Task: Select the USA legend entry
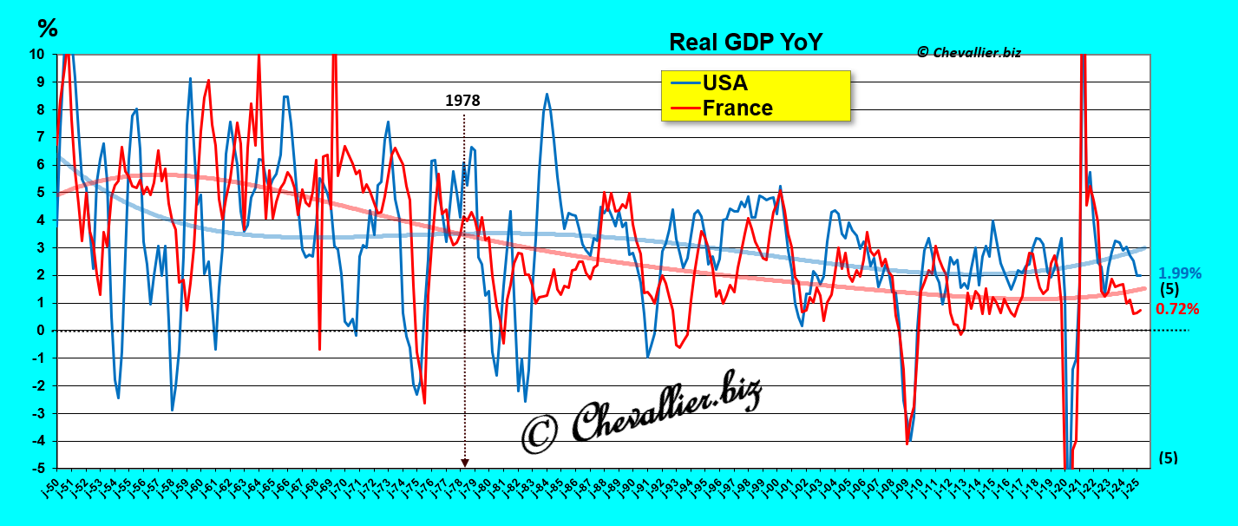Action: (724, 83)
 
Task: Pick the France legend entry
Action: (737, 108)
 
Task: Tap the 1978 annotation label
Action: (462, 100)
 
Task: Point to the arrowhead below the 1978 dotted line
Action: (464, 463)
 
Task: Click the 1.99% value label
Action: (1180, 273)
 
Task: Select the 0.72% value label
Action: (1177, 308)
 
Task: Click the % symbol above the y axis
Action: (47, 29)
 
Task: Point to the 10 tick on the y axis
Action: (37, 54)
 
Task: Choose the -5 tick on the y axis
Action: (37, 469)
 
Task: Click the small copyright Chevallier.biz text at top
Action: (968, 52)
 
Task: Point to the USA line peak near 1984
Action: (547, 94)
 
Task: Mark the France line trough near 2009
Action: (907, 444)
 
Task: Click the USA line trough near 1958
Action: (173, 410)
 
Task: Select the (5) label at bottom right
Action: (1168, 457)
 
